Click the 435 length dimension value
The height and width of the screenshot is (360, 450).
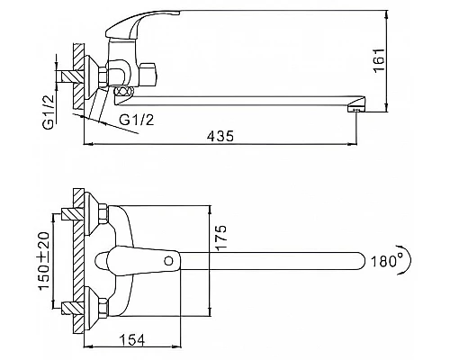[x=220, y=136]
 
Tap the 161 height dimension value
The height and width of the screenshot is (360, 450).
[x=379, y=60]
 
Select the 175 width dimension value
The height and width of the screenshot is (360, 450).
[x=220, y=238]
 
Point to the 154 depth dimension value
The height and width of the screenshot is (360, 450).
[x=132, y=340]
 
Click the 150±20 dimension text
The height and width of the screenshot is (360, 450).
[x=45, y=261]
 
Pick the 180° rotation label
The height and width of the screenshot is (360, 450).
[x=387, y=262]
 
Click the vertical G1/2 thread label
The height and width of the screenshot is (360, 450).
[x=49, y=112]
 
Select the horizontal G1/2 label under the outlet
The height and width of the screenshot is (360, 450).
[x=137, y=121]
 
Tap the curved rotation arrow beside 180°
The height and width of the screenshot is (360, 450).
[x=408, y=260]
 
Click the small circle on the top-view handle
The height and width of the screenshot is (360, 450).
[x=169, y=261]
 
